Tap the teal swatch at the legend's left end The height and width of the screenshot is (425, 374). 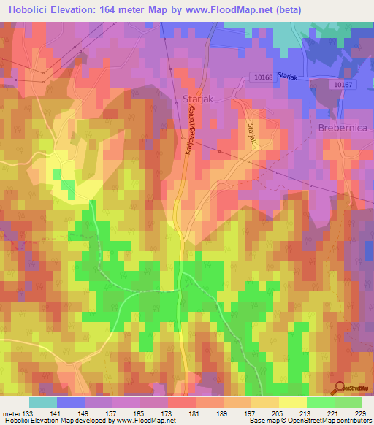click(x=43, y=402)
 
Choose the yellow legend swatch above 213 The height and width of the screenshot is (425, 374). click(x=292, y=402)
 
